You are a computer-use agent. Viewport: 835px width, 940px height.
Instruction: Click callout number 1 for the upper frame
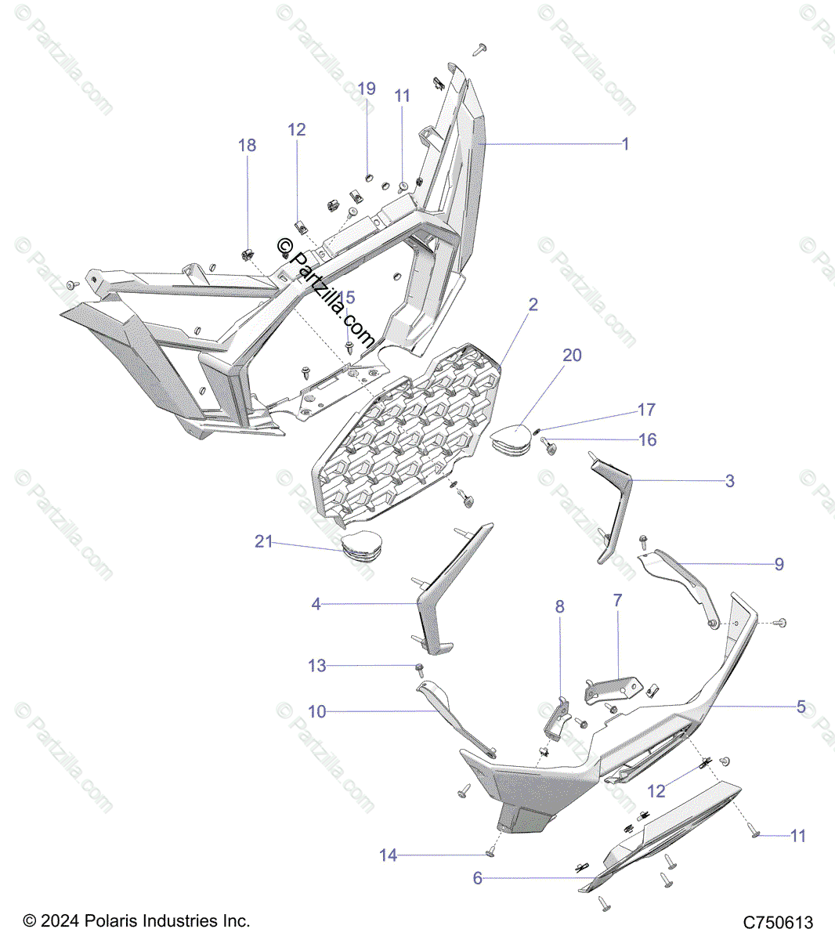(x=625, y=143)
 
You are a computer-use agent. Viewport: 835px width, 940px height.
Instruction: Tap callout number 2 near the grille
(x=533, y=305)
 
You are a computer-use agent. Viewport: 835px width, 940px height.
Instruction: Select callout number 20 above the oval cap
(x=573, y=355)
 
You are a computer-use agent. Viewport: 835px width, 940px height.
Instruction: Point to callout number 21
(x=264, y=541)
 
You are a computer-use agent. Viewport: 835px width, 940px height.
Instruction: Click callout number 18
(x=247, y=145)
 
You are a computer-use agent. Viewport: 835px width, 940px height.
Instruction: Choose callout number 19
(x=367, y=89)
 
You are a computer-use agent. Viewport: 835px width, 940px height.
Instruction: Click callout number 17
(x=646, y=410)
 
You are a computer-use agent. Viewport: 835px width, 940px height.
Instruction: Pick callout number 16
(x=648, y=439)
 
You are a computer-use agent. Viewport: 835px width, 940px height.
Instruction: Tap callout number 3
(x=729, y=480)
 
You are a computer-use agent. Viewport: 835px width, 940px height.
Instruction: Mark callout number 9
(x=779, y=564)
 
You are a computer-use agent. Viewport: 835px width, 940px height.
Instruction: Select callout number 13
(x=316, y=666)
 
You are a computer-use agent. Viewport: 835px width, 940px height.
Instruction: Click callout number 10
(x=316, y=711)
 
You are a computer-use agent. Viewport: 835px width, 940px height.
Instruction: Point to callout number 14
(x=389, y=855)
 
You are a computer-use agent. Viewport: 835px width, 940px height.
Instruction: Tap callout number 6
(x=478, y=878)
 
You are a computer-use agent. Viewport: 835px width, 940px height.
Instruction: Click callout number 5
(x=801, y=707)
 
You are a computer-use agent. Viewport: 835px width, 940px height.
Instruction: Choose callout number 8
(x=559, y=606)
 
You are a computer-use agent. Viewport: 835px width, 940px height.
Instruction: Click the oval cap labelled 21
(x=365, y=545)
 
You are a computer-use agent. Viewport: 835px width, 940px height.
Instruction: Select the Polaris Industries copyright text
(x=136, y=920)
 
